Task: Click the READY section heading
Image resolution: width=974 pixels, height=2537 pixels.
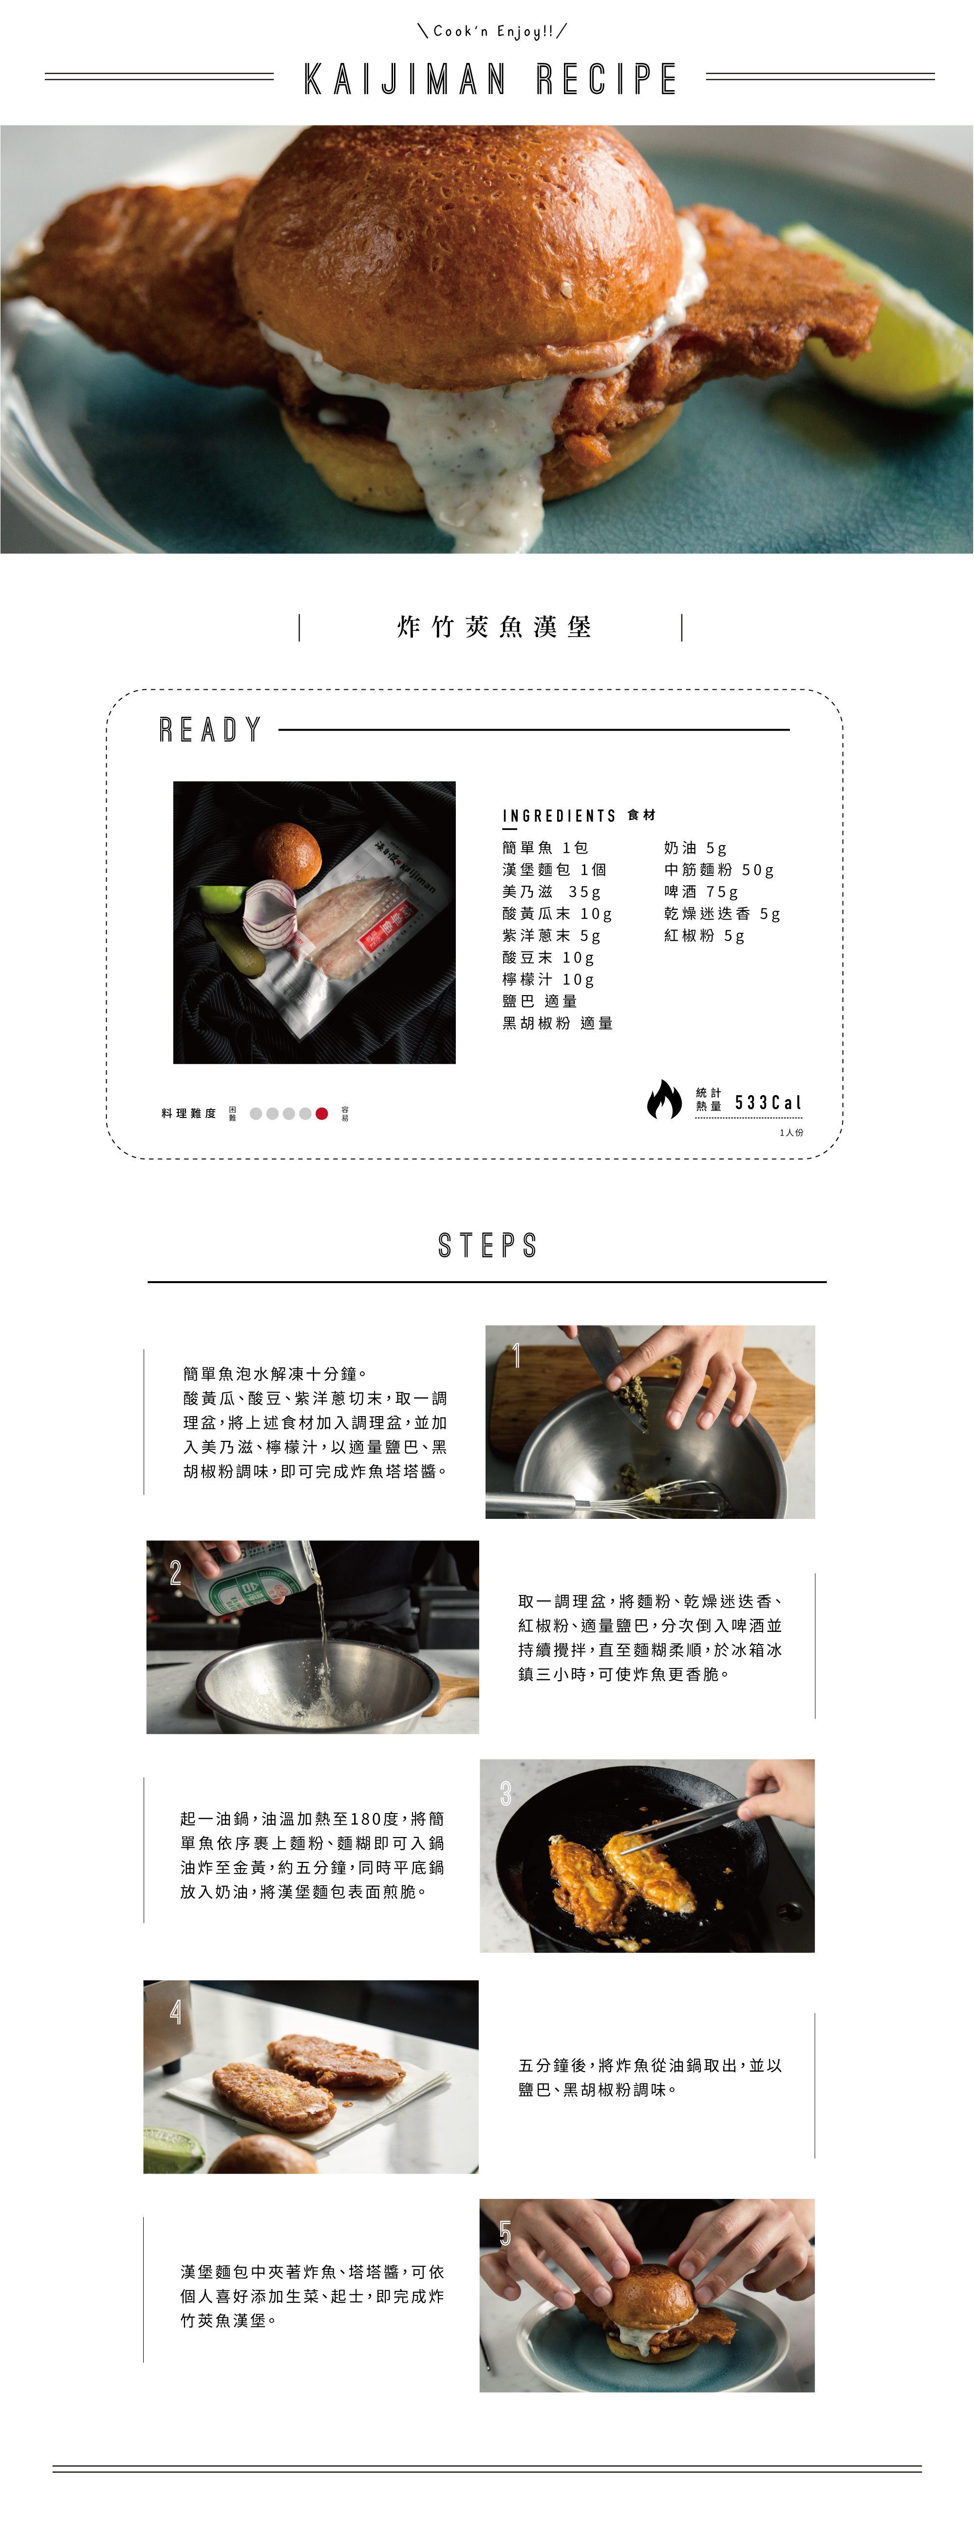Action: [211, 730]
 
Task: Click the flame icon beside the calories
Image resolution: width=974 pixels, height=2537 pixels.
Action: [664, 1100]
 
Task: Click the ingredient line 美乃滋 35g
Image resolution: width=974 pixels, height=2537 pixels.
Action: [550, 891]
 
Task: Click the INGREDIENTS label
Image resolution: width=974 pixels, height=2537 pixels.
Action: [559, 815]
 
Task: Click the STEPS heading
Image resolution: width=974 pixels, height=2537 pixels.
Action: [487, 1246]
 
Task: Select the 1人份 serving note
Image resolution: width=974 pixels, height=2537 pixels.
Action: [791, 1133]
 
